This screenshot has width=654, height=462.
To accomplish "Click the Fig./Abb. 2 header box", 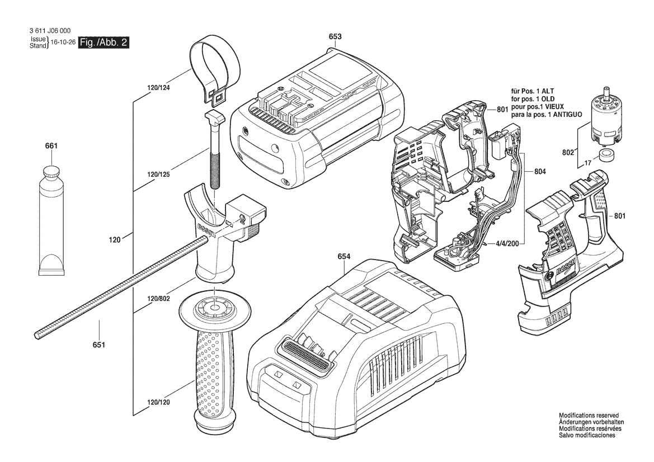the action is click(104, 43).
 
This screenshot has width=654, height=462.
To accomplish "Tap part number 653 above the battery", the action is click(335, 37).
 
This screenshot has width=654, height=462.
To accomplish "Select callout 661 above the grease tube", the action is click(51, 146).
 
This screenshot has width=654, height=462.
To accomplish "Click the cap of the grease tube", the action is click(52, 172).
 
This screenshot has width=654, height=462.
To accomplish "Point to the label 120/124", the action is click(158, 88).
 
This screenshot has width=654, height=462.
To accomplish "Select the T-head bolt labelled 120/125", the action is click(214, 150).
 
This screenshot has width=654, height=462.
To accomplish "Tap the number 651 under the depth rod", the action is click(99, 345).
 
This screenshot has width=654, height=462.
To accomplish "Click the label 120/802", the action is click(158, 299).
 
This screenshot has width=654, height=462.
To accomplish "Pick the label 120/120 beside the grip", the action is click(158, 403).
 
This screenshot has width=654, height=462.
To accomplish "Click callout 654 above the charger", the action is click(344, 257).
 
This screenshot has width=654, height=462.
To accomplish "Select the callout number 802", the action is click(568, 153).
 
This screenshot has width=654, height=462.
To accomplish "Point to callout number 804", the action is click(540, 171).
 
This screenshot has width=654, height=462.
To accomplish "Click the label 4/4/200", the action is click(507, 243).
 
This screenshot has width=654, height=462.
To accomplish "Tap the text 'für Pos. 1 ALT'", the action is click(533, 91).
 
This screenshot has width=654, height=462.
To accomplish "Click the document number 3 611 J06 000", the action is click(50, 31).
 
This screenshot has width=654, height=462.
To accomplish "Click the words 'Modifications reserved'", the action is click(589, 416).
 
